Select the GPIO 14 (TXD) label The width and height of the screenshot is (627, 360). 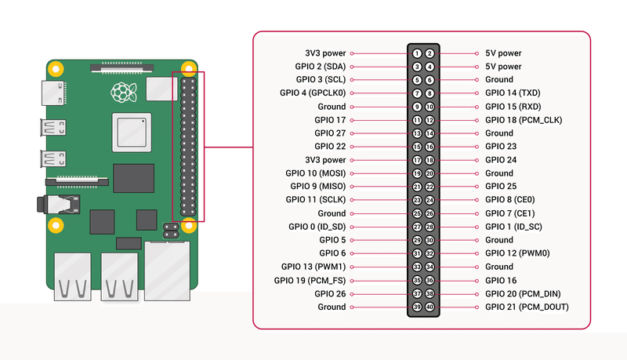click(513, 93)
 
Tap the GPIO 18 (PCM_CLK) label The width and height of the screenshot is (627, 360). click(523, 120)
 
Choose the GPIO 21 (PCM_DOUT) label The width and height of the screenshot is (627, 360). click(526, 307)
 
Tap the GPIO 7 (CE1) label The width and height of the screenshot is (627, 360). click(511, 213)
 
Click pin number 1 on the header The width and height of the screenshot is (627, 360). click(418, 53)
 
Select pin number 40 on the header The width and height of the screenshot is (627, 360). click(429, 307)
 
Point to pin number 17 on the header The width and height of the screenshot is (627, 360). click(418, 160)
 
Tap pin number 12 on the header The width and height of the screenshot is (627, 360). click(429, 120)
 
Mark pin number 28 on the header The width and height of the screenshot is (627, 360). click(429, 227)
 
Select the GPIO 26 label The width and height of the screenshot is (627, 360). click(330, 293)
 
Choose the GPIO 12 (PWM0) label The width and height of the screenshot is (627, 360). click(516, 253)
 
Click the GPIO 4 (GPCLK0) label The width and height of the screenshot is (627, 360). click(312, 93)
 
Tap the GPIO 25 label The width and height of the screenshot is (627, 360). click(501, 187)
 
